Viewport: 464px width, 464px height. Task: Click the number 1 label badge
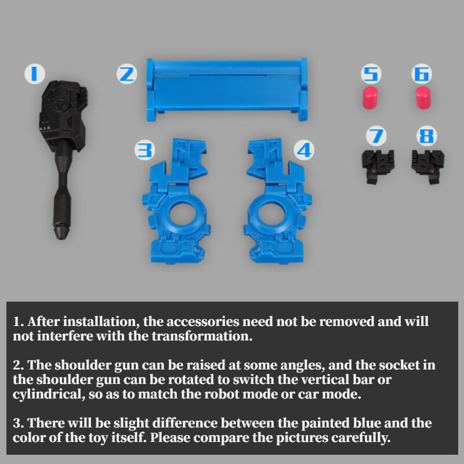click(x=35, y=74)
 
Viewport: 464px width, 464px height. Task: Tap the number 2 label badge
click(x=126, y=74)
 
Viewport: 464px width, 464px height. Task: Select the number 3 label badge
click(x=144, y=150)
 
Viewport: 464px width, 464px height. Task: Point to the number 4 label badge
click(x=304, y=150)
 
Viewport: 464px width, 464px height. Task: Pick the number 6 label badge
click(x=422, y=74)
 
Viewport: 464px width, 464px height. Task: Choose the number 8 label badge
click(x=427, y=136)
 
